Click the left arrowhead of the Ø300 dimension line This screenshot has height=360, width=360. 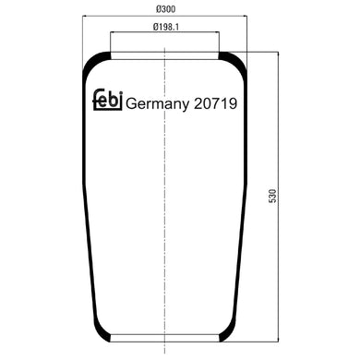(x=82, y=16)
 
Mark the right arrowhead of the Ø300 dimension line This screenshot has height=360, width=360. (x=249, y=16)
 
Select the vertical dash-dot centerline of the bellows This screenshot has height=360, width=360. (x=166, y=231)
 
